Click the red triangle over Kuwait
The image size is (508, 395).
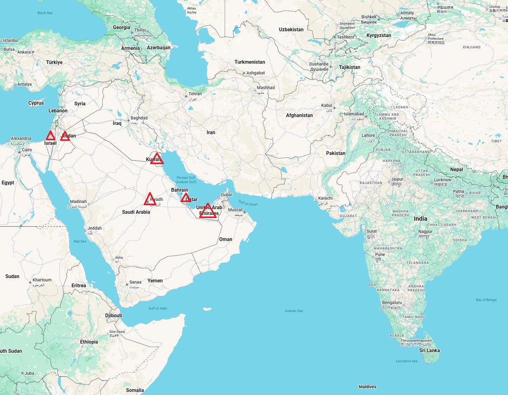tap(157, 159)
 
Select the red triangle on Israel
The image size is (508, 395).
tap(50, 136)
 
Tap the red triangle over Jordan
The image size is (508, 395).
tap(65, 136)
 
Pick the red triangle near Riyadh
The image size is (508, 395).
tap(149, 199)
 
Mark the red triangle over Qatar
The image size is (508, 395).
tap(185, 198)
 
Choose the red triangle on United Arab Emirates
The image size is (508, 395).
tap(207, 211)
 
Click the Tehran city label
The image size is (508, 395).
tap(195, 94)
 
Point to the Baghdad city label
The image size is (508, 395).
tap(139, 118)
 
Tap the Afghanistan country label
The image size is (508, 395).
tap(299, 115)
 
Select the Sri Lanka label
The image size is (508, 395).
tap(429, 351)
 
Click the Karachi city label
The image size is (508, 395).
tap(326, 198)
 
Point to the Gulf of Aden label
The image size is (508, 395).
tap(157, 308)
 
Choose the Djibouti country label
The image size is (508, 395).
tap(113, 315)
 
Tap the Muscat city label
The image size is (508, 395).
tap(235, 210)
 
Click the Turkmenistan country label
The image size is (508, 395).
tap(250, 62)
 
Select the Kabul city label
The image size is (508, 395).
tap(327, 105)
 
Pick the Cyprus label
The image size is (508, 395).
tap(36, 103)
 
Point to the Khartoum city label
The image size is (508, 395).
tap(42, 280)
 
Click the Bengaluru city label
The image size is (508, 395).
tap(391, 303)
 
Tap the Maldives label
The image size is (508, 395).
tap(367, 387)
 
